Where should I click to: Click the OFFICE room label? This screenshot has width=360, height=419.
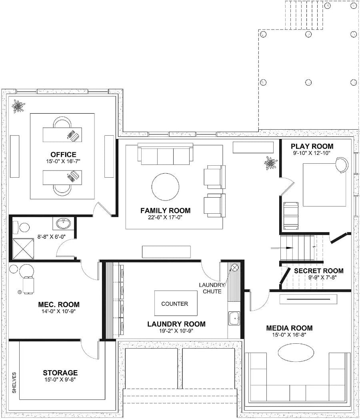pyautogui.click(x=63, y=154)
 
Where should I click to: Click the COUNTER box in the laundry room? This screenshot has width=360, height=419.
pyautogui.click(x=174, y=304)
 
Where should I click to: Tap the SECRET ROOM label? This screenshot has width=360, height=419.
pyautogui.click(x=318, y=271)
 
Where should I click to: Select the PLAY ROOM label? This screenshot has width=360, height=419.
pyautogui.click(x=312, y=146)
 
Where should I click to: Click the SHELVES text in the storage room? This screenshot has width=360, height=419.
pyautogui.click(x=14, y=383)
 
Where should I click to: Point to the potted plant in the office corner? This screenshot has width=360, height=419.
pyautogui.click(x=18, y=106)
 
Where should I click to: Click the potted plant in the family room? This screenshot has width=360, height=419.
pyautogui.click(x=270, y=163)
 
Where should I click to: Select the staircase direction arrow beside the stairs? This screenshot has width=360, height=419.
pyautogui.click(x=276, y=249)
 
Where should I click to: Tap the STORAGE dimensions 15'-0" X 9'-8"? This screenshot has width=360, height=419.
pyautogui.click(x=61, y=379)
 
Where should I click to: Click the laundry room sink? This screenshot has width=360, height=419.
pyautogui.click(x=234, y=319)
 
